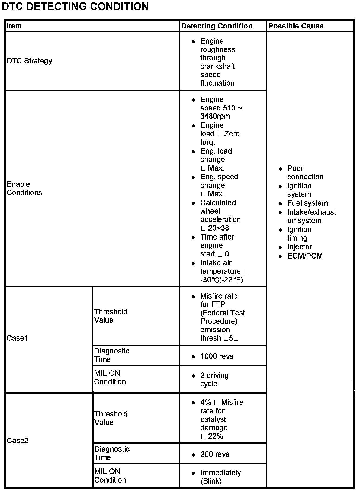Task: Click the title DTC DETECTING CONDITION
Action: tap(75, 7)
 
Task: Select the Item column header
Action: tap(14, 26)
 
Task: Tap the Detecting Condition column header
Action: tap(217, 26)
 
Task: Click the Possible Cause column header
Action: tap(296, 26)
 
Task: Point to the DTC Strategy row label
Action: tap(29, 61)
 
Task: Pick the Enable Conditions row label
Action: tap(24, 188)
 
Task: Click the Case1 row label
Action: tap(17, 338)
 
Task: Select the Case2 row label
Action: tap(17, 440)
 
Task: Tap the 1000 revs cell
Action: tap(217, 356)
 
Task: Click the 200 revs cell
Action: tap(215, 454)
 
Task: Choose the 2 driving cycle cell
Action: tap(214, 380)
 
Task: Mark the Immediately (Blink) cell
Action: tap(220, 477)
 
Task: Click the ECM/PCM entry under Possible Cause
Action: tap(305, 256)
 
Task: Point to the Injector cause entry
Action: tap(300, 247)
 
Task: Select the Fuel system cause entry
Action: tap(307, 203)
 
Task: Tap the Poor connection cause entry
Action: tap(305, 173)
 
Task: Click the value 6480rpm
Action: tap(215, 116)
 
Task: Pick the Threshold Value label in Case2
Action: tap(111, 418)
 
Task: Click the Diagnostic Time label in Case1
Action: tap(112, 355)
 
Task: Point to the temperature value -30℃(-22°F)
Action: tap(221, 280)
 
